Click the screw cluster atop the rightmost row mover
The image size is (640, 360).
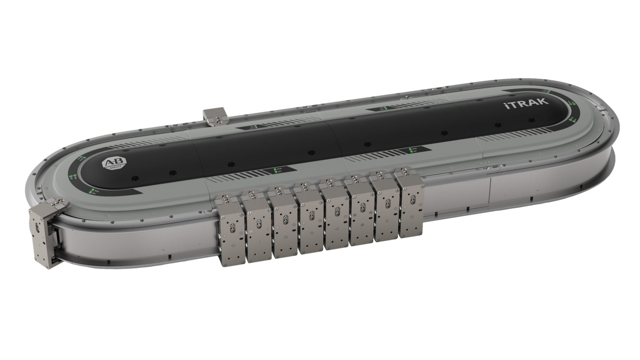[x=404, y=171]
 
